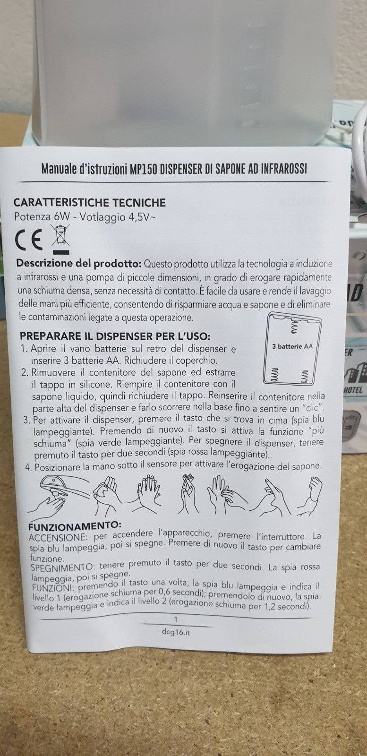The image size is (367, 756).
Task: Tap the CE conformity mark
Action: tap(29, 241)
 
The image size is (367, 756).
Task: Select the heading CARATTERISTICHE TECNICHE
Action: tap(90, 203)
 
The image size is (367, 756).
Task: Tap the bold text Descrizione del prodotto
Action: tap(78, 263)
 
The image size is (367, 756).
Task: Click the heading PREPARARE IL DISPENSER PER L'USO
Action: tap(114, 336)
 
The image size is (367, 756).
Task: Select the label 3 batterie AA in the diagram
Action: tap(292, 346)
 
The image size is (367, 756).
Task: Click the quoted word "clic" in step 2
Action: tap(313, 407)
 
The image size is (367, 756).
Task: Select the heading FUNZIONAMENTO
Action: tap(75, 525)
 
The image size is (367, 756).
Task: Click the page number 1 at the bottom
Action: tap(176, 619)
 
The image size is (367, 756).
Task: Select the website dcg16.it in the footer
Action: tap(176, 632)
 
